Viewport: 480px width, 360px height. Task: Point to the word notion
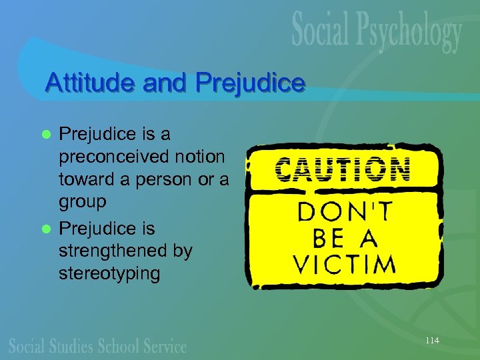(199, 158)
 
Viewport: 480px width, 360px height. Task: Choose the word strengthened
(125, 251)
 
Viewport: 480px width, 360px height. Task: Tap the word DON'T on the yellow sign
(343, 212)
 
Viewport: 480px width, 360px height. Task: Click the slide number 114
(432, 341)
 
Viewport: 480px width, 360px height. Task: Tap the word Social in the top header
(323, 31)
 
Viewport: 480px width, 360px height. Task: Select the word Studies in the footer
(81, 347)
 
